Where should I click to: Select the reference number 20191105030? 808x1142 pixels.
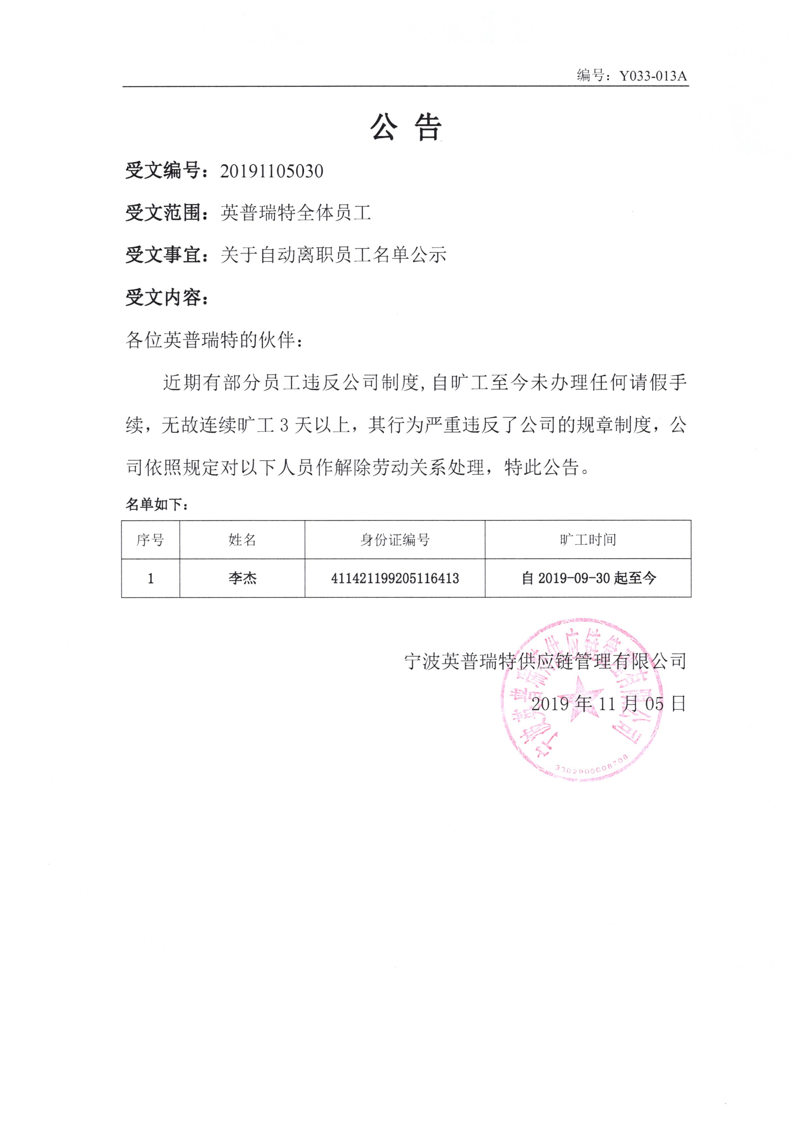click(x=272, y=171)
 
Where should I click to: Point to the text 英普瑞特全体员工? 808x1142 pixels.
click(x=296, y=213)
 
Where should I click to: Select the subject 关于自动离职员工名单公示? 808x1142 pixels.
click(x=333, y=255)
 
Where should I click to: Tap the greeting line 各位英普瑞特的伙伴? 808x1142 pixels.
click(x=214, y=340)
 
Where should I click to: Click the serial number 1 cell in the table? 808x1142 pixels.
click(x=150, y=578)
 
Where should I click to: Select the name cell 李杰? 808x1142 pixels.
click(x=242, y=578)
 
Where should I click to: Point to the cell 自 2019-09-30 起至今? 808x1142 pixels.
click(x=588, y=578)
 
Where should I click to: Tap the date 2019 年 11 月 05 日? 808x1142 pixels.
click(x=608, y=704)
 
